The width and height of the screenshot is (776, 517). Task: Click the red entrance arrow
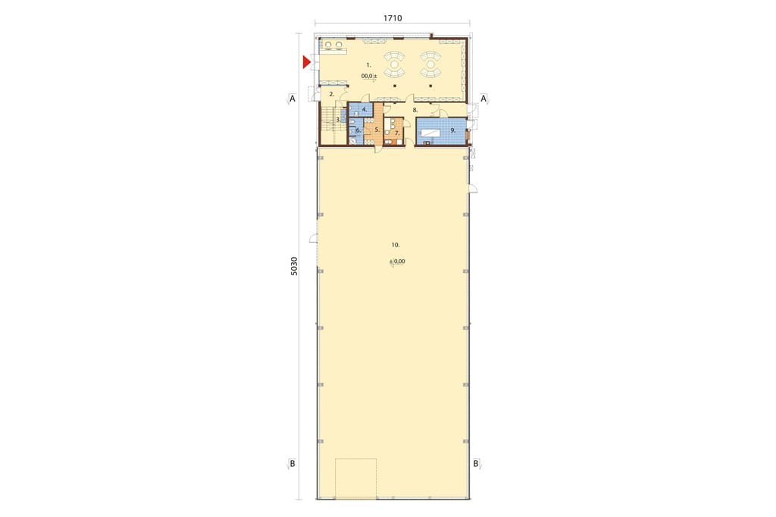click(306, 62)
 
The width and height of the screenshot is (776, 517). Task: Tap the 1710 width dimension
click(393, 18)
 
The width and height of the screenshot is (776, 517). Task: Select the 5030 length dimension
click(294, 266)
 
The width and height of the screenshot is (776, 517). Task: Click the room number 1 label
click(369, 65)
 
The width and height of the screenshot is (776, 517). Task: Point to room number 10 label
click(396, 245)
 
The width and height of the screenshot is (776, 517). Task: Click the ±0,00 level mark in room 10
click(397, 262)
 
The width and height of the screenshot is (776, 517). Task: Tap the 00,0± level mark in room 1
click(369, 77)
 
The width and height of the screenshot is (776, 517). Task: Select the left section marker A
click(292, 99)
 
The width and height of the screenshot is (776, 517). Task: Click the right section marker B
click(476, 464)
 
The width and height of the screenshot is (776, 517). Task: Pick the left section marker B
click(292, 464)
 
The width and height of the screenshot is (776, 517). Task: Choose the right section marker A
click(483, 99)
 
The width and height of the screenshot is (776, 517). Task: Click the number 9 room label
click(453, 130)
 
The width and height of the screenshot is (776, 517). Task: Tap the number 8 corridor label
click(415, 110)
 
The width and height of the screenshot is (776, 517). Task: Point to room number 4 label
click(365, 109)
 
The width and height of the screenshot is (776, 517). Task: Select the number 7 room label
click(397, 133)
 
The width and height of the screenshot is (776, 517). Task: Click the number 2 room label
click(332, 93)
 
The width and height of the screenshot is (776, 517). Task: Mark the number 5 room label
click(377, 130)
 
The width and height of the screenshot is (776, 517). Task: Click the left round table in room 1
click(394, 64)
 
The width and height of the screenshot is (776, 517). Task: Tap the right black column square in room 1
click(430, 86)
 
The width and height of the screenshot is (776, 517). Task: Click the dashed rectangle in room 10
click(356, 459)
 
